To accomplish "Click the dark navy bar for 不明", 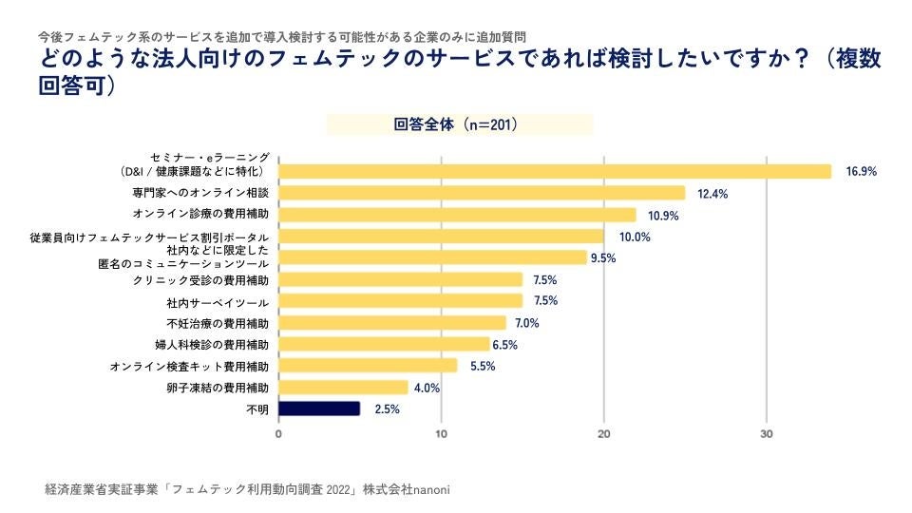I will pyautogui.click(x=319, y=408).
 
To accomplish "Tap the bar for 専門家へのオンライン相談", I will pyautogui.click(x=482, y=193).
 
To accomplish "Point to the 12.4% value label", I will pyautogui.click(x=712, y=194).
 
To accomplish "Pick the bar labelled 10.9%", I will pyautogui.click(x=457, y=215).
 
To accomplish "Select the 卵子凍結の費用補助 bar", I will pyautogui.click(x=343, y=388).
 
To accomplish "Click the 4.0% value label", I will pyautogui.click(x=427, y=388).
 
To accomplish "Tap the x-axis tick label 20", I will pyautogui.click(x=604, y=434).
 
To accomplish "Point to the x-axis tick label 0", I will pyautogui.click(x=278, y=434).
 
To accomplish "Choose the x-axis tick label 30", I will pyautogui.click(x=767, y=434).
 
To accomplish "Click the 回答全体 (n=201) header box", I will pyautogui.click(x=460, y=124).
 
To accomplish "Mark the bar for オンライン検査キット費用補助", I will pyautogui.click(x=368, y=366).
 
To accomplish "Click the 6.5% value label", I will pyautogui.click(x=505, y=345).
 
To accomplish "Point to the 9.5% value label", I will pyautogui.click(x=603, y=257).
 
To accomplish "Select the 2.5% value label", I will pyautogui.click(x=388, y=409).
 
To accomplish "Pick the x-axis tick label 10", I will pyautogui.click(x=442, y=434).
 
